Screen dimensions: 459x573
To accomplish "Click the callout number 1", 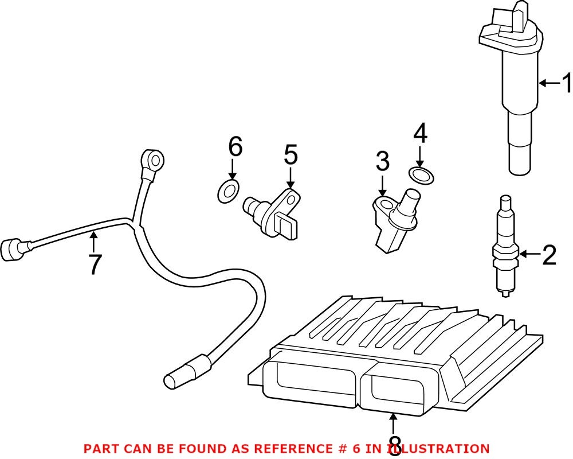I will (566, 84).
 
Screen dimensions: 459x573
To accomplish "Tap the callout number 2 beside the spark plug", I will (548, 255).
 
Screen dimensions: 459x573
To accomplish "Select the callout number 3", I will (383, 162).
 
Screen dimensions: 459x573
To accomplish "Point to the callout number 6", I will (235, 147).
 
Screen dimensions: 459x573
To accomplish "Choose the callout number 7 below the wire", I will (93, 264).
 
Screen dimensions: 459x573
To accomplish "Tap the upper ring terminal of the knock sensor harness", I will (154, 158).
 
